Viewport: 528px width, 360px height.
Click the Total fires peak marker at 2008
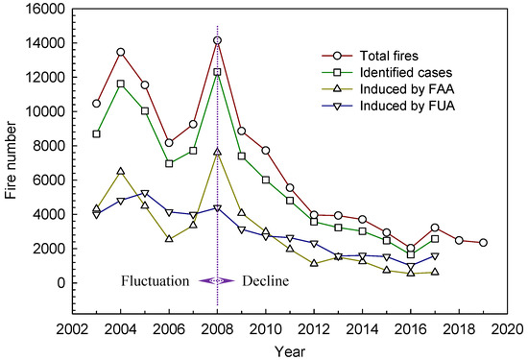[218, 40]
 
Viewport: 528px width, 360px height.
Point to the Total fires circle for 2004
[120, 52]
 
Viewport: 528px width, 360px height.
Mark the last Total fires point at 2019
[484, 243]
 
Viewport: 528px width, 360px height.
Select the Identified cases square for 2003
[96, 133]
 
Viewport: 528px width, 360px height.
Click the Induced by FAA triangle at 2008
[218, 152]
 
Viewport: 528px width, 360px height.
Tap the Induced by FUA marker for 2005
[145, 194]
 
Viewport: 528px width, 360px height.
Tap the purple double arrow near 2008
[218, 280]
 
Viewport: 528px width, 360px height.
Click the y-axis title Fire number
[12, 163]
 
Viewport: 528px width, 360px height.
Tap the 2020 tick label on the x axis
[508, 327]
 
